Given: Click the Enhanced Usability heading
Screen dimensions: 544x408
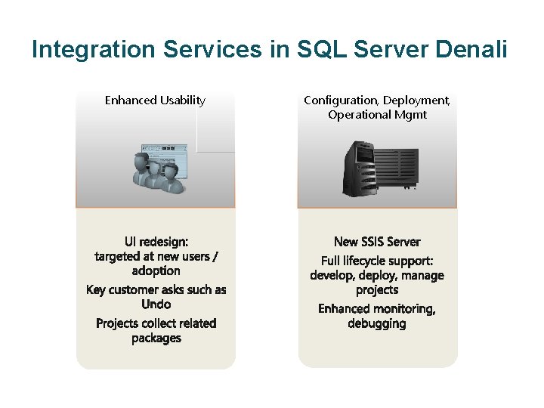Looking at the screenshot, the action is click(155, 100).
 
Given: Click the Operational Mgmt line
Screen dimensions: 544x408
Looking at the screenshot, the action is click(377, 115).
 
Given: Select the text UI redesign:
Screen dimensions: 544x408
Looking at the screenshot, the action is click(156, 242).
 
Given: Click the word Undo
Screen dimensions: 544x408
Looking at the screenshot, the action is click(156, 304).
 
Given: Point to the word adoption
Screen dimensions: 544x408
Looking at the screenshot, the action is click(156, 270).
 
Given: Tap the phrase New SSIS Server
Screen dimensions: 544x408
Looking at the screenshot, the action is click(377, 242).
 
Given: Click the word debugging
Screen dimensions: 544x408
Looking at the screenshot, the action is click(377, 323).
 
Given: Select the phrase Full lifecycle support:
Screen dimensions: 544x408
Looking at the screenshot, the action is click(377, 261).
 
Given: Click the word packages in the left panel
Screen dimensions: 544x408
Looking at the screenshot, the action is click(156, 338).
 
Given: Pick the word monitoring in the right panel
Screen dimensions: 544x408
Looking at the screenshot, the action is click(406, 308).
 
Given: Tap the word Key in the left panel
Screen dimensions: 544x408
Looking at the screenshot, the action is click(96, 289).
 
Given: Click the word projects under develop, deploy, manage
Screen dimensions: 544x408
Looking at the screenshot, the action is click(377, 290).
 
